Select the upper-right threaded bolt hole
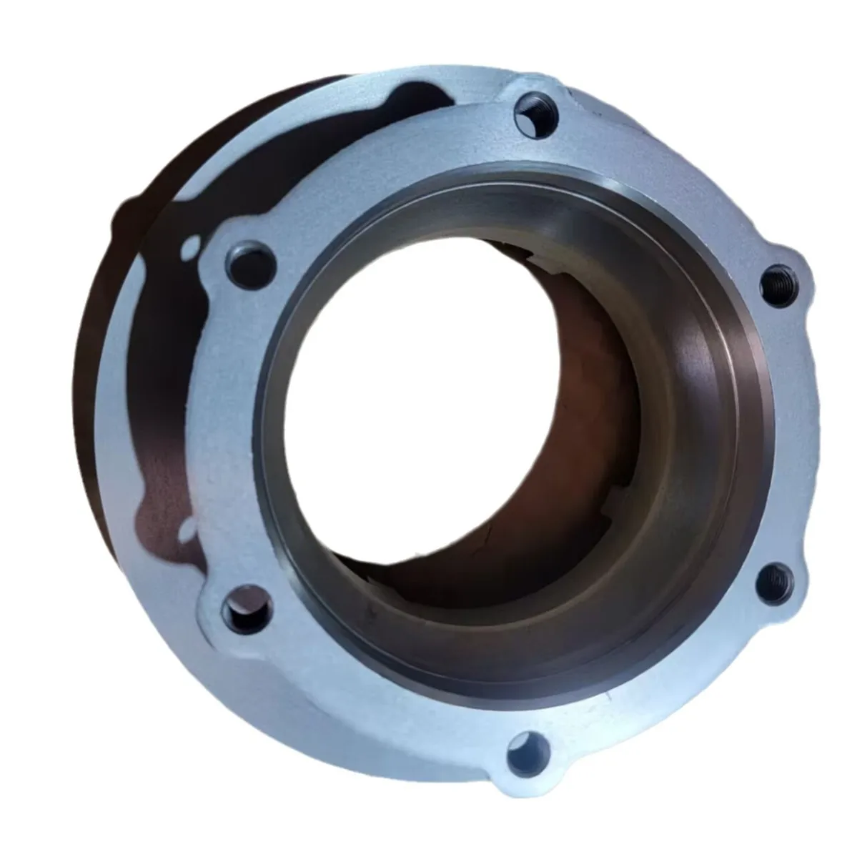pyautogui.click(x=777, y=279)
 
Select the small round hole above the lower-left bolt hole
pyautogui.click(x=187, y=529)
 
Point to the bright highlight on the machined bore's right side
pyautogui.click(x=704, y=357)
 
